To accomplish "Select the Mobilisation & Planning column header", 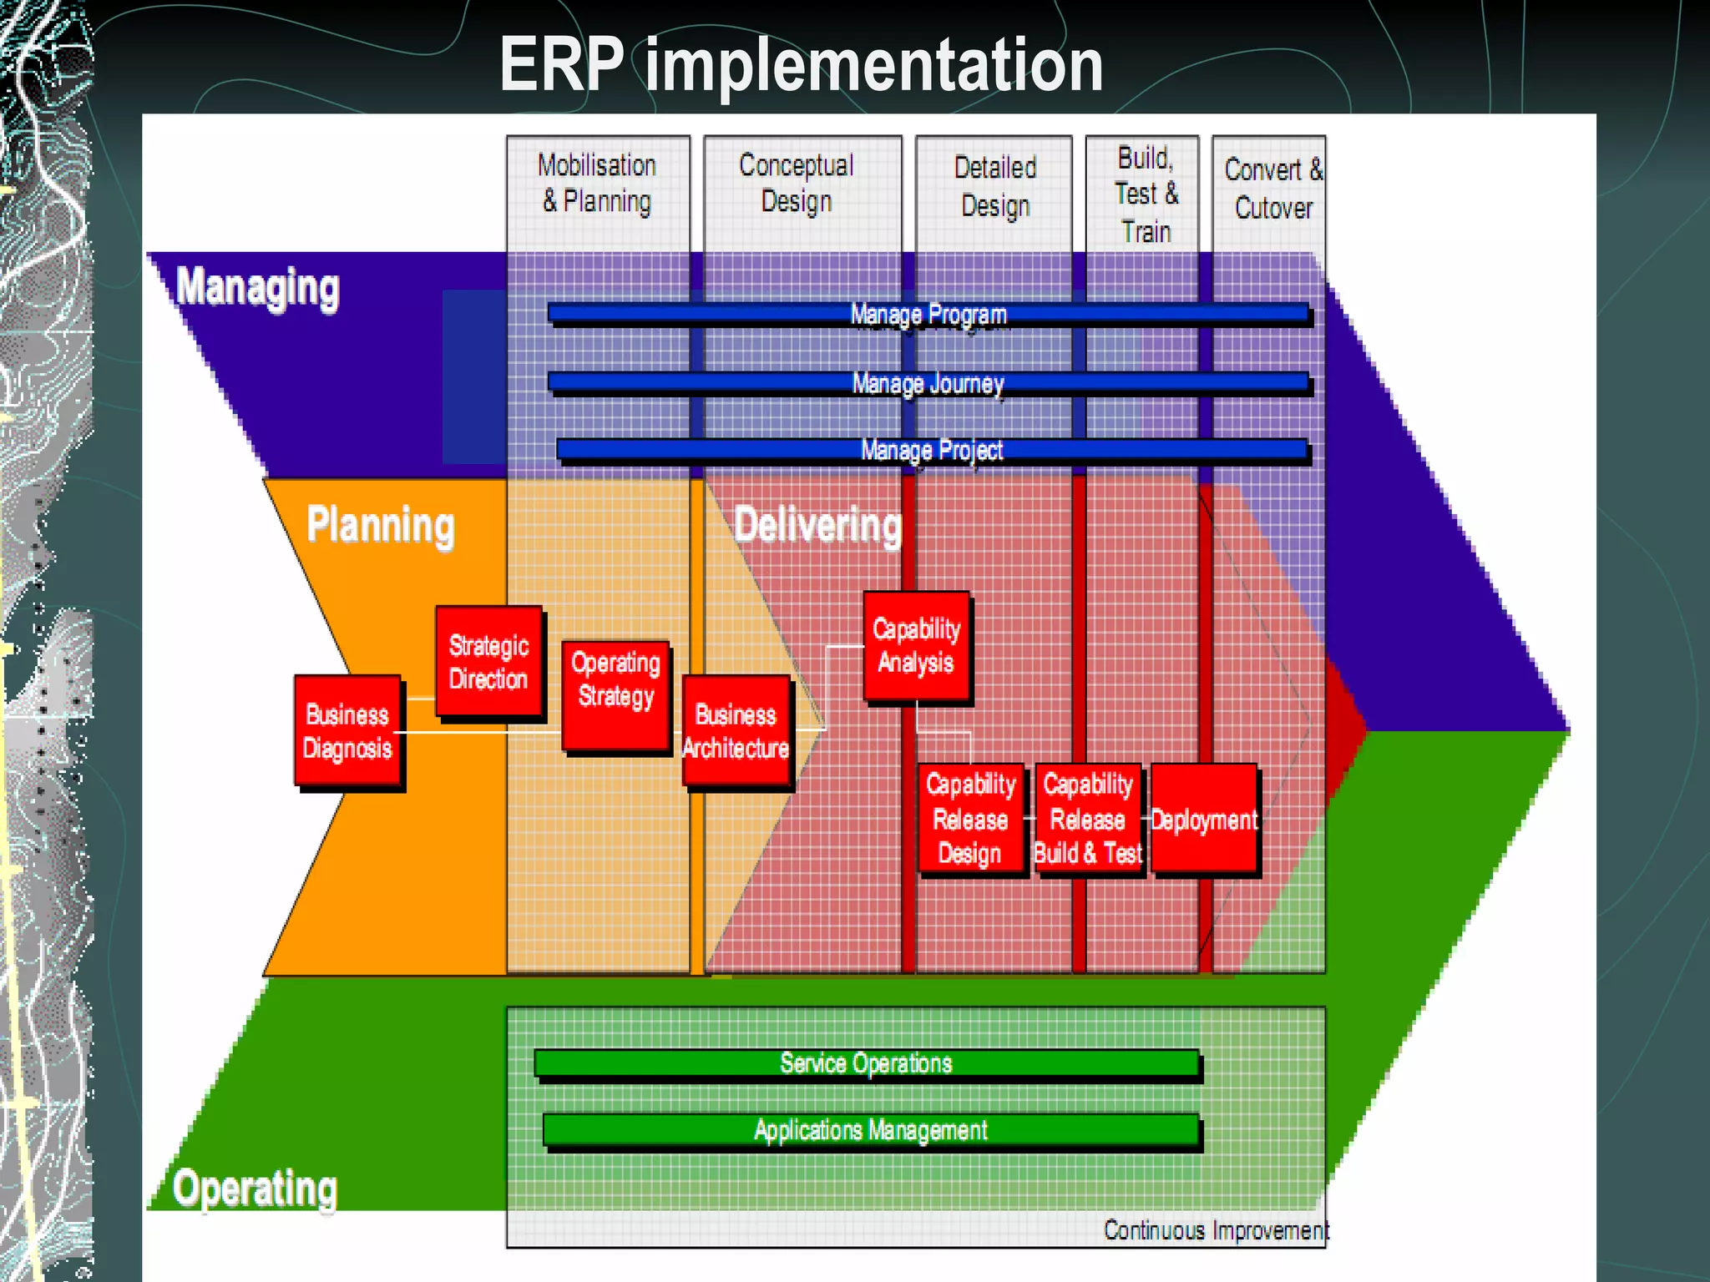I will [x=597, y=184].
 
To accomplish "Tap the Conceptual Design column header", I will [x=797, y=184].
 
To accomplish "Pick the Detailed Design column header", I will [x=994, y=186].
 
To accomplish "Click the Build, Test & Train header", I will [x=1146, y=194].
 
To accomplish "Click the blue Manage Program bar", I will [x=928, y=315].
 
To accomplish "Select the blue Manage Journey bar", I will [x=928, y=383].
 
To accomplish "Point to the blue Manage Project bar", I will [x=931, y=451].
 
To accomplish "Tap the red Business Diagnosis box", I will [x=347, y=731].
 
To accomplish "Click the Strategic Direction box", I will [x=488, y=662].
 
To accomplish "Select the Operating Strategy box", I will [x=615, y=695].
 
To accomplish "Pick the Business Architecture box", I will [x=736, y=731].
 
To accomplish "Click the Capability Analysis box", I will [x=916, y=646].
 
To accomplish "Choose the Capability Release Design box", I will [x=970, y=818].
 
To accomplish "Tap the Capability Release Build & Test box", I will [x=1088, y=818].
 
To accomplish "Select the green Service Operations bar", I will [x=866, y=1063].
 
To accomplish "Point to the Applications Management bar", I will [x=870, y=1130].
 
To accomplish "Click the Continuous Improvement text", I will [x=1215, y=1230].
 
